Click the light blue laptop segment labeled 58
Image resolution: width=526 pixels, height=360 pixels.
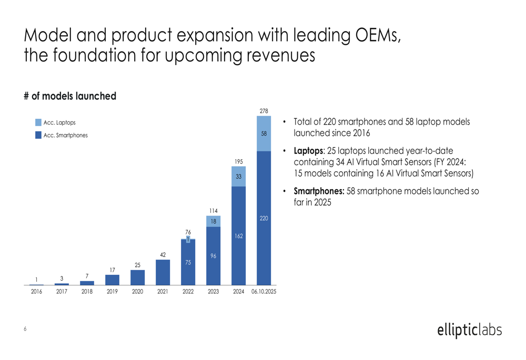tap(264, 133)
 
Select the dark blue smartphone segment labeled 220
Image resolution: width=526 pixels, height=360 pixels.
tap(264, 218)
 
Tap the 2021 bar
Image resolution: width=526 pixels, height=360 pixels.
tap(163, 272)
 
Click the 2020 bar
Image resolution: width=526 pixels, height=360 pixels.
tap(138, 277)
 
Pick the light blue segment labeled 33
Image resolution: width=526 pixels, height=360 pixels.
tap(239, 177)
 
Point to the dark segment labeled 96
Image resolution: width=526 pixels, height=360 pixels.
tap(214, 255)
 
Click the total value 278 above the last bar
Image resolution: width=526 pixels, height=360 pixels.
tap(264, 111)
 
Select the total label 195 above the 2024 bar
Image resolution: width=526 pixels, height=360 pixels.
tap(239, 162)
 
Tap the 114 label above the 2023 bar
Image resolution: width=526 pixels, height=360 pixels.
tap(214, 211)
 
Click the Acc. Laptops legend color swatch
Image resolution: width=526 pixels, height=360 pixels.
tap(38, 122)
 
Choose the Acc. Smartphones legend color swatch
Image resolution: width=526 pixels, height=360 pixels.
tap(38, 135)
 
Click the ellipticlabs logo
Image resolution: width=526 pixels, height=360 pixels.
tap(469, 330)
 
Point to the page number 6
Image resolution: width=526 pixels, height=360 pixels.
tap(25, 330)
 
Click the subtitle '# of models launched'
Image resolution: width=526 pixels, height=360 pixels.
tap(70, 96)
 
